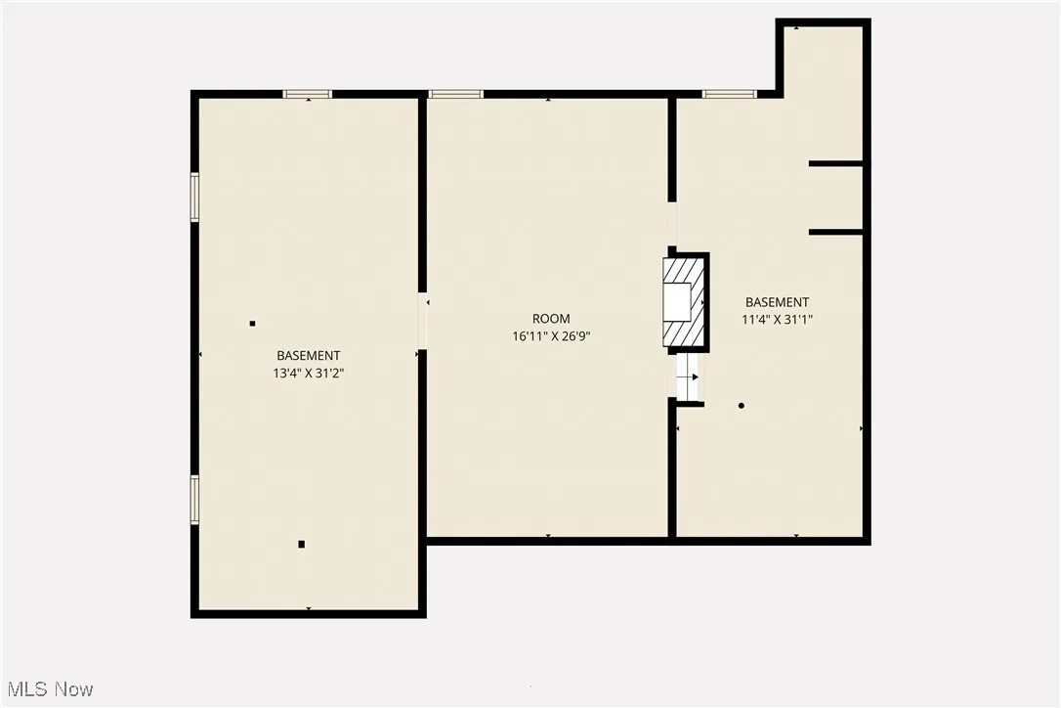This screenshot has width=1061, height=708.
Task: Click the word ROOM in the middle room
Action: (551, 319)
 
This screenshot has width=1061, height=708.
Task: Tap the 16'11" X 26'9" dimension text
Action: (551, 335)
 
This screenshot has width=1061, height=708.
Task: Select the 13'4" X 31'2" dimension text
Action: (309, 373)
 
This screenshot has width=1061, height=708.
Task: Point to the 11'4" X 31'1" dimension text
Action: (778, 319)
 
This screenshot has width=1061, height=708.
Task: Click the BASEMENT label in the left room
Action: (309, 356)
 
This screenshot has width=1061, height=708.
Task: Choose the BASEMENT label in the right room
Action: (778, 302)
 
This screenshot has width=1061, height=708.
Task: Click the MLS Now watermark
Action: (48, 689)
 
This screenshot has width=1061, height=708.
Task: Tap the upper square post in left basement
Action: (252, 324)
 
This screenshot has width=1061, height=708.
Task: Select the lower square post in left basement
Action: (302, 544)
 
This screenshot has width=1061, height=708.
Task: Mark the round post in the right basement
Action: (742, 405)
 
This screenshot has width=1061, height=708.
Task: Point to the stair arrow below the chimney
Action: (690, 376)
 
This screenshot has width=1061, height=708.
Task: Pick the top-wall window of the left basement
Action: (308, 94)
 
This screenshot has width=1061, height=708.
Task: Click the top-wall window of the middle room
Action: (455, 94)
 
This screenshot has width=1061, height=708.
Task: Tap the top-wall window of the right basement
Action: (729, 94)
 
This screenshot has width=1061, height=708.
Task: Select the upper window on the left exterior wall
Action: (194, 198)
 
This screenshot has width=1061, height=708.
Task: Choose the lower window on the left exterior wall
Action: (194, 500)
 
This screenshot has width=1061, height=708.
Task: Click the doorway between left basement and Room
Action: (422, 321)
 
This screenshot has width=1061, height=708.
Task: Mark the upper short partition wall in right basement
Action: (835, 163)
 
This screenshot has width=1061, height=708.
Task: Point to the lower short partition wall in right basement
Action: (835, 232)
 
